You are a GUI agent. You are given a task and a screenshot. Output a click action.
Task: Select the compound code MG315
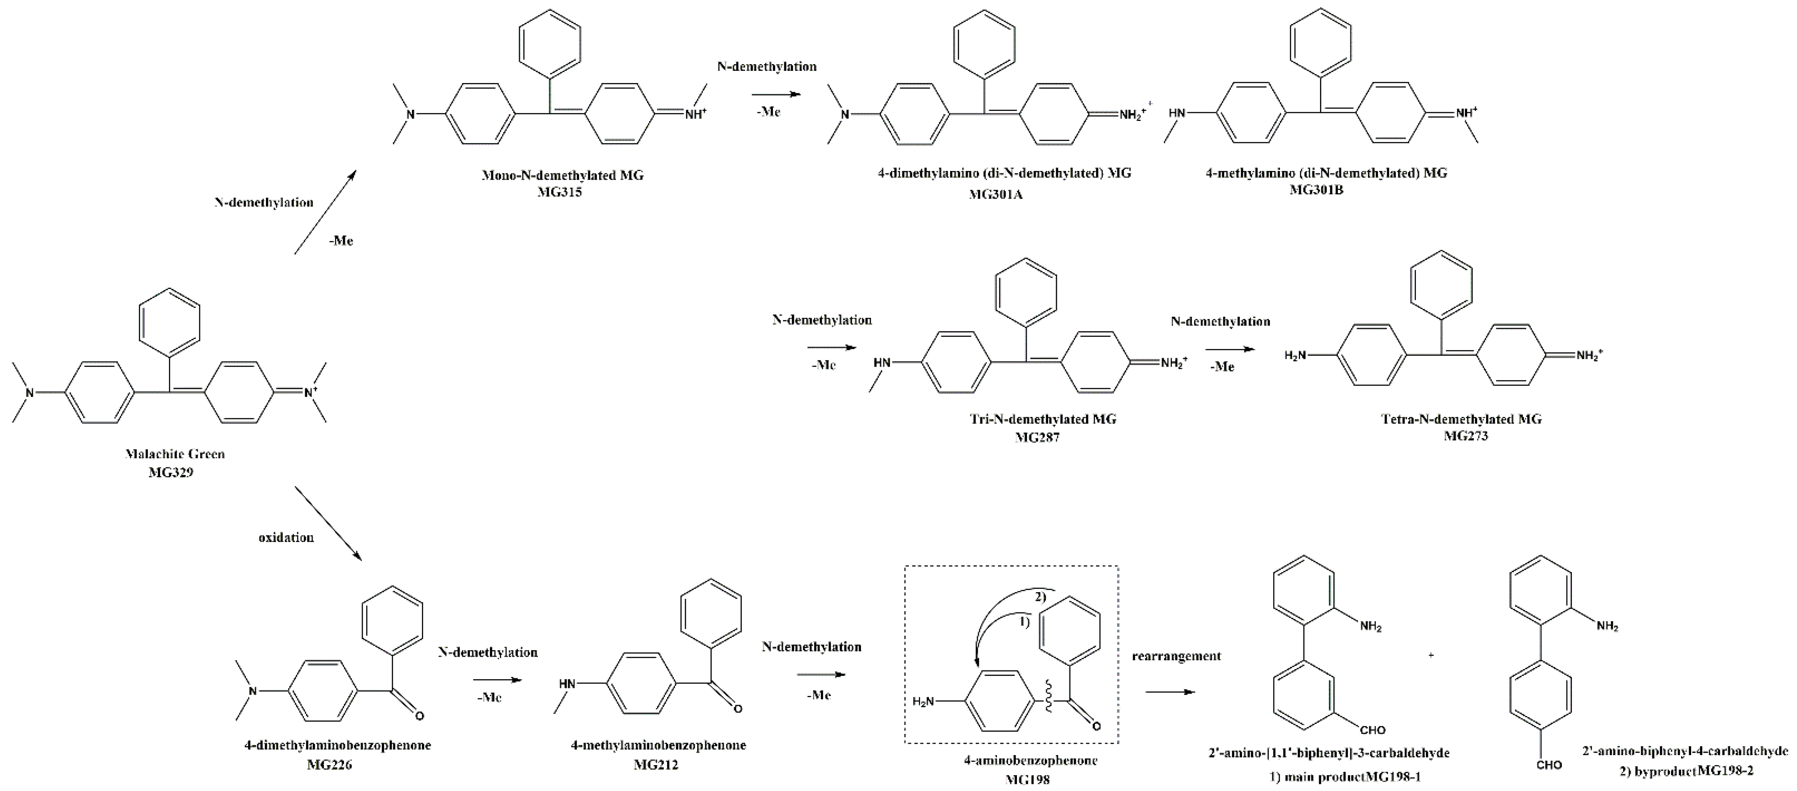click(x=560, y=192)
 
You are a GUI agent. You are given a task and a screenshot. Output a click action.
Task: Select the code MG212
click(x=656, y=764)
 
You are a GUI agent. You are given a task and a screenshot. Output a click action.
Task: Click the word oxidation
click(x=286, y=537)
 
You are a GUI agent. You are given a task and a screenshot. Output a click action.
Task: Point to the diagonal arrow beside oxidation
click(x=328, y=523)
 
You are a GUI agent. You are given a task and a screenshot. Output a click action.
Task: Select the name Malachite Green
click(x=175, y=454)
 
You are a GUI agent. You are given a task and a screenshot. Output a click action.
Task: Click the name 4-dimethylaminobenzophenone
click(x=338, y=745)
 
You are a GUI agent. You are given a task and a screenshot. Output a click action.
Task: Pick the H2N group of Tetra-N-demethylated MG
click(x=1295, y=356)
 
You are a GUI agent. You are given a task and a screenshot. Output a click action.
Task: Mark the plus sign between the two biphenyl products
click(x=1431, y=655)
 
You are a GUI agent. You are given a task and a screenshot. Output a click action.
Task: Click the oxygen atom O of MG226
click(x=419, y=715)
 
